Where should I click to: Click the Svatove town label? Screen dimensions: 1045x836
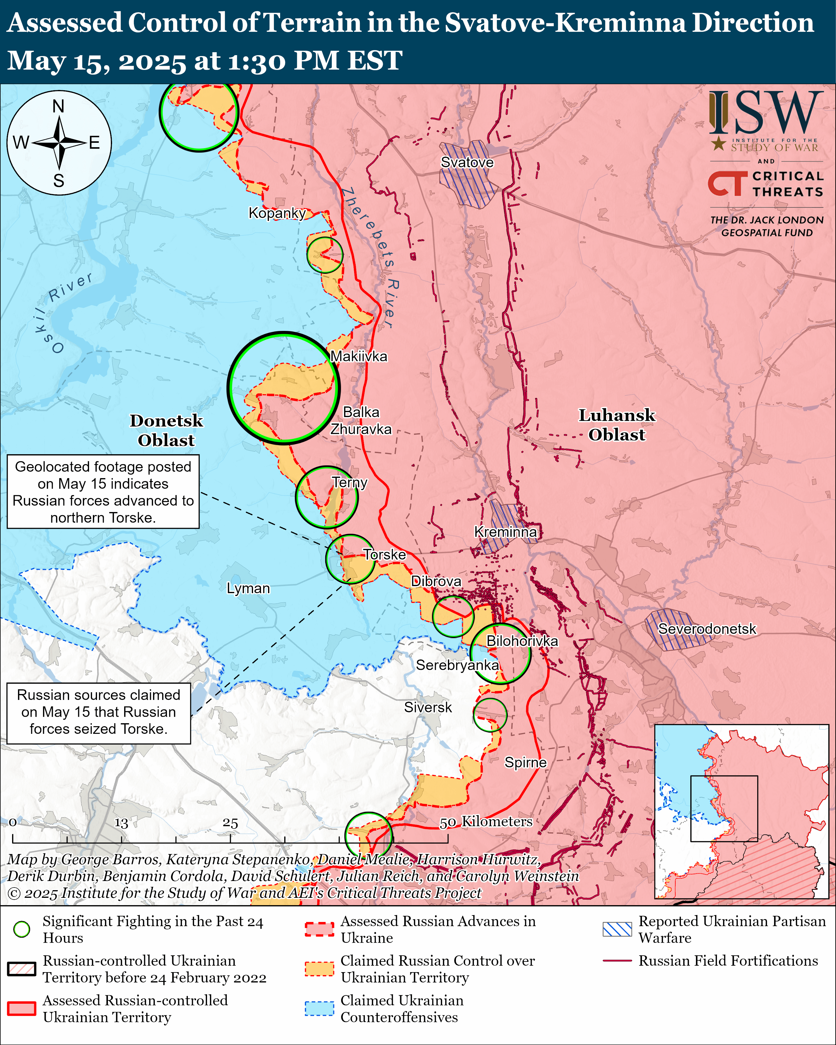pyautogui.click(x=467, y=163)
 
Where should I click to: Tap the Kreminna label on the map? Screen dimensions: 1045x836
pyautogui.click(x=505, y=532)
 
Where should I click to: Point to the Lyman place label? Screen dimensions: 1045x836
pyautogui.click(x=248, y=588)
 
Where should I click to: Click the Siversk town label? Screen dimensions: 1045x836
pyautogui.click(x=428, y=707)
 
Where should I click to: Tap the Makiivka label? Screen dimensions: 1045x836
pyautogui.click(x=359, y=356)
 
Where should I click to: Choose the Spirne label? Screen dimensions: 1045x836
pyautogui.click(x=525, y=762)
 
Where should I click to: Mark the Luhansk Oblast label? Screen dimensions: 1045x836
pyautogui.click(x=617, y=425)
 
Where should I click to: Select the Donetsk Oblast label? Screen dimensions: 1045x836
pyautogui.click(x=166, y=430)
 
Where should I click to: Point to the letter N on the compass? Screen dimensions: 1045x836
pyautogui.click(x=59, y=106)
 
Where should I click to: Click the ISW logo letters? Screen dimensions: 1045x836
pyautogui.click(x=766, y=114)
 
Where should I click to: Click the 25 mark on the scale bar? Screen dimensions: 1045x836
pyautogui.click(x=230, y=823)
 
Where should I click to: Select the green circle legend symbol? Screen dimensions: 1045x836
pyautogui.click(x=22, y=929)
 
